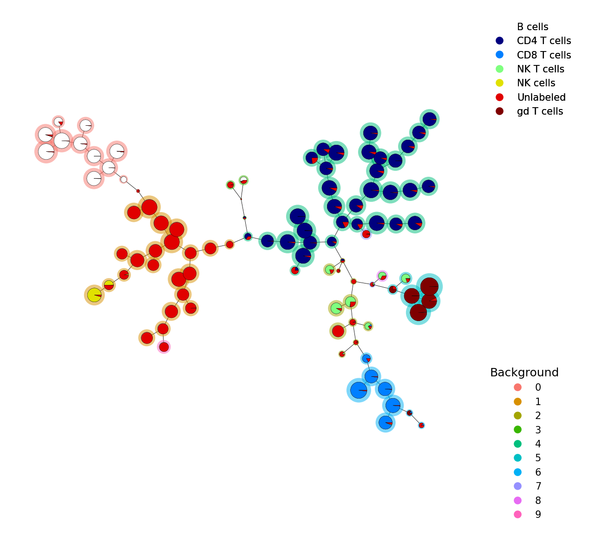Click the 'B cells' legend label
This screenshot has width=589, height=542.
(532, 27)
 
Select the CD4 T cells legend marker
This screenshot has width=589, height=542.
(499, 40)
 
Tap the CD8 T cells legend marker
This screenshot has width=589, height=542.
(499, 55)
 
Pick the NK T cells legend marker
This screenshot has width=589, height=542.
(499, 69)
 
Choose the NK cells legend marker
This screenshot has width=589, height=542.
(499, 83)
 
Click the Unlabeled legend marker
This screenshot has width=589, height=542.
(499, 97)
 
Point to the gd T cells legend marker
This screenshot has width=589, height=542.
(499, 111)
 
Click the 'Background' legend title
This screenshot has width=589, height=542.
(524, 372)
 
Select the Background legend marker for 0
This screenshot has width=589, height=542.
(517, 387)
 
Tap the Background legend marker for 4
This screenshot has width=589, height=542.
(517, 444)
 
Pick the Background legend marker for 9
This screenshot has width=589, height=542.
(517, 514)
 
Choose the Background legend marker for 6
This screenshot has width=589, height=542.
(517, 472)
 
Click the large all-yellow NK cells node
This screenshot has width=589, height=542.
(94, 295)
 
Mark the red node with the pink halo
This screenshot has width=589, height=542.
(164, 347)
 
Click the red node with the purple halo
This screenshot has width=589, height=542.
(366, 234)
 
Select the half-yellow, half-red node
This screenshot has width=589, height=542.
(109, 285)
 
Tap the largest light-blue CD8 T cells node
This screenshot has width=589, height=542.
(359, 390)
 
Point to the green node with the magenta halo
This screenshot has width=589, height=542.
(382, 276)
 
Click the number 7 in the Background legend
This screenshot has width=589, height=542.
(538, 486)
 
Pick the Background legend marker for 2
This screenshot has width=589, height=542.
(517, 415)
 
